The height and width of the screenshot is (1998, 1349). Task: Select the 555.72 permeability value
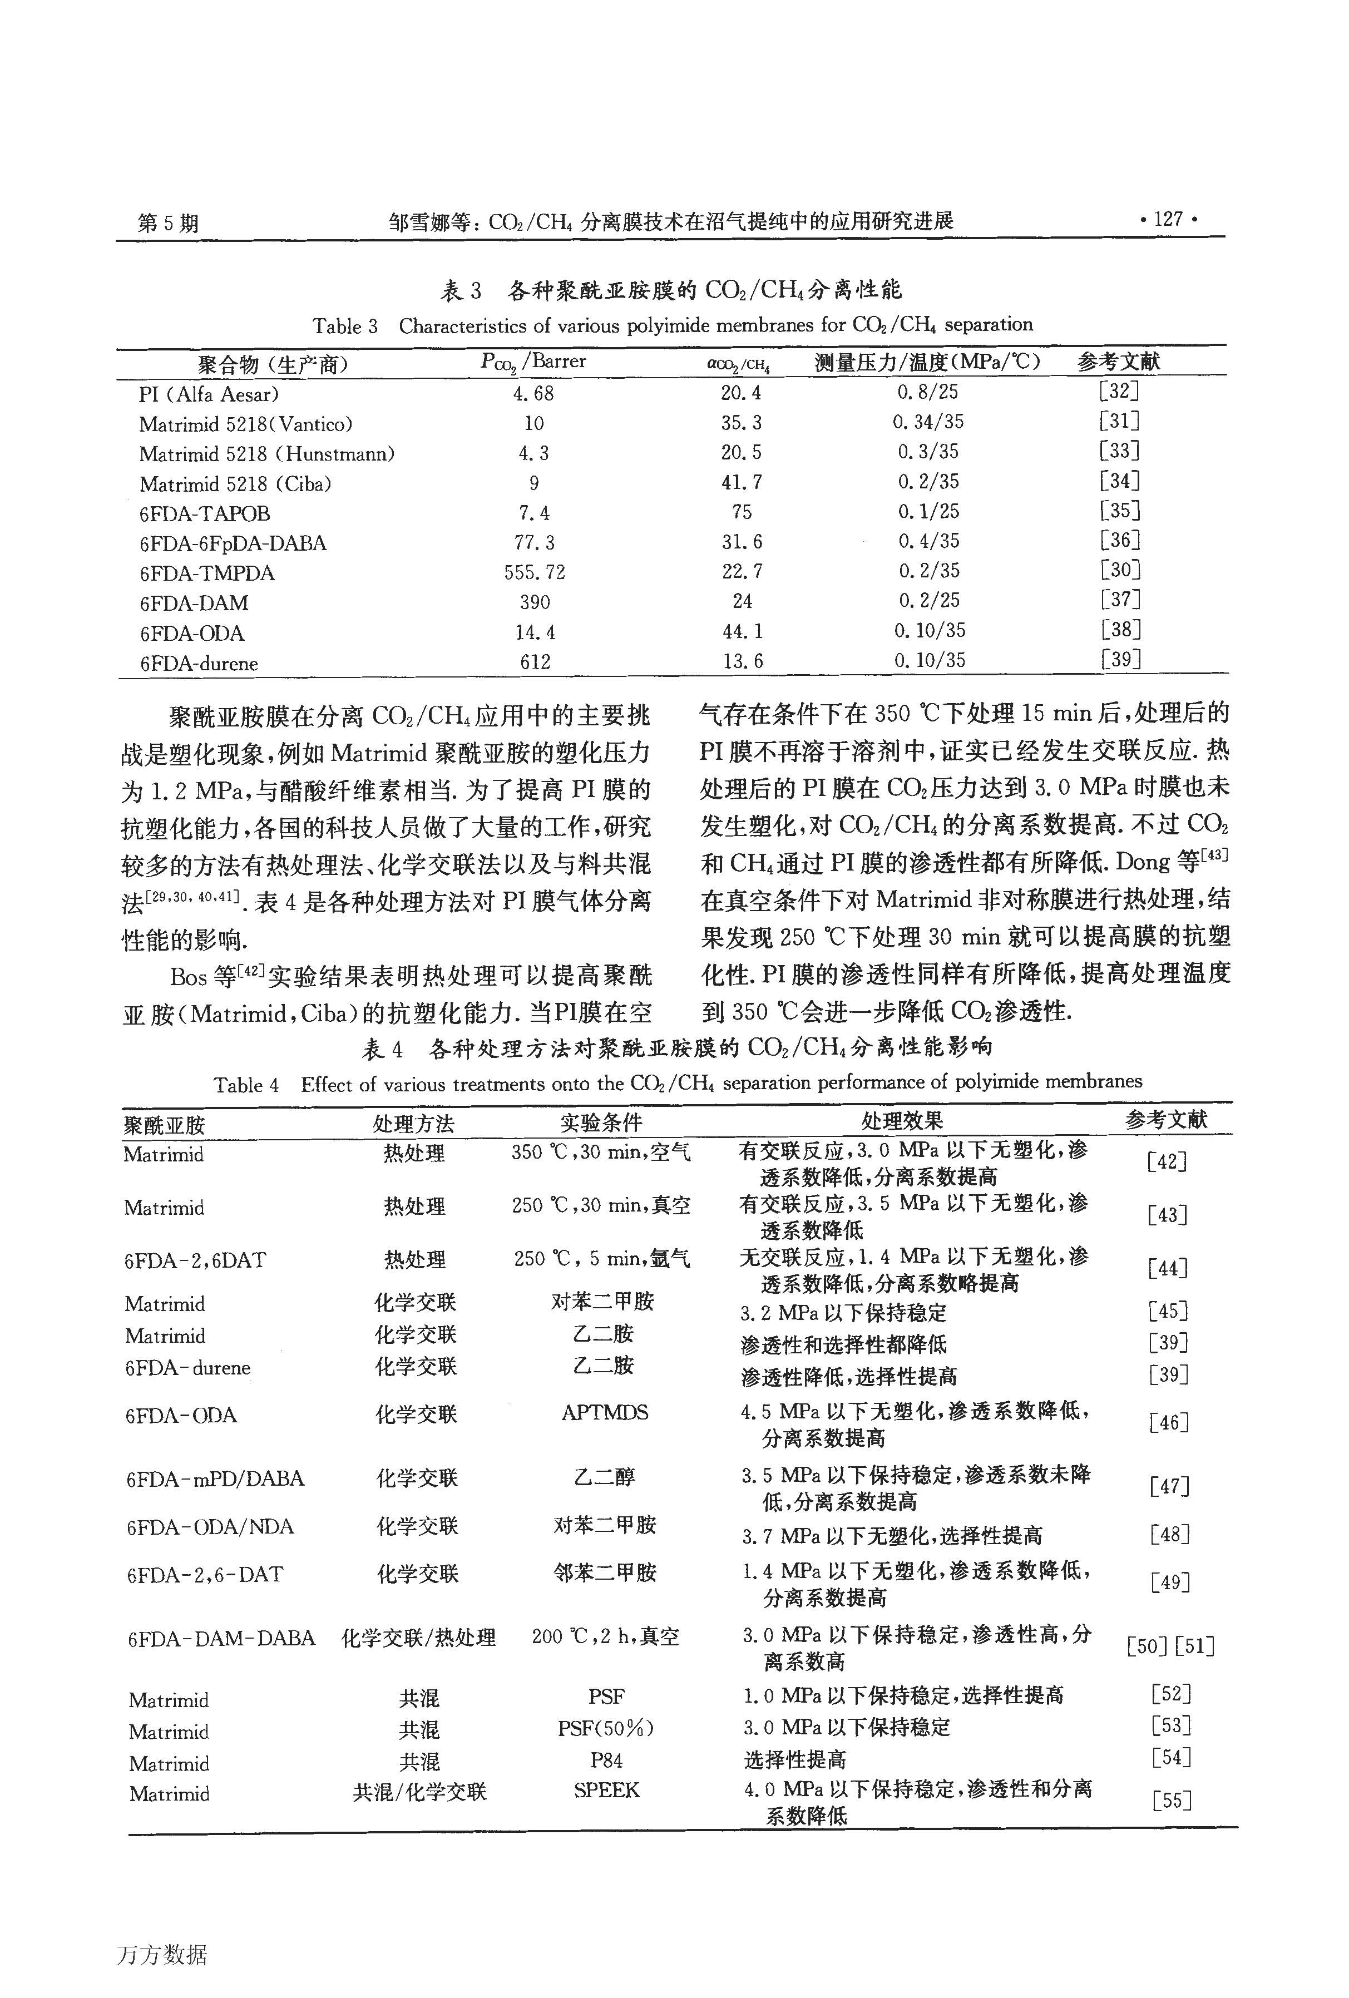(x=534, y=572)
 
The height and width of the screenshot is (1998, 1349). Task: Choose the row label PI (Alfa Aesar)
(x=209, y=394)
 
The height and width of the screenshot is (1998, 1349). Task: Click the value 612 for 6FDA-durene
(x=534, y=661)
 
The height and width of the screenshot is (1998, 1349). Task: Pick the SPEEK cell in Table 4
(x=606, y=1789)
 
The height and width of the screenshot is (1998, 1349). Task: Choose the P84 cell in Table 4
(x=606, y=1758)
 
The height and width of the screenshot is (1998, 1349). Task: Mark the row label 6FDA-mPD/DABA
(x=215, y=1478)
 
